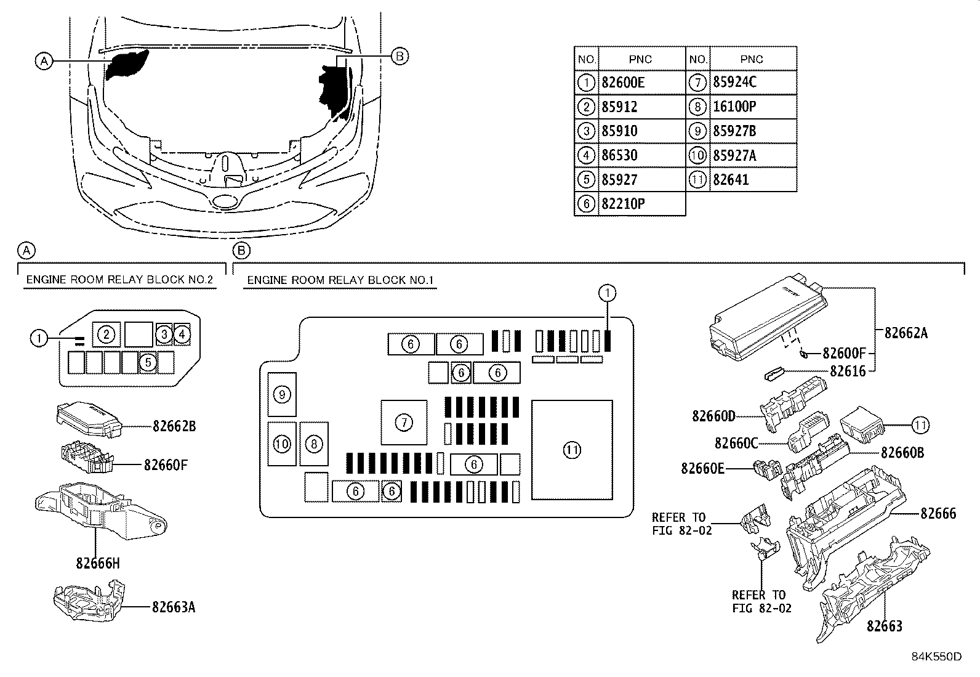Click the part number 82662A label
(x=906, y=333)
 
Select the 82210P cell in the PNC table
(x=622, y=204)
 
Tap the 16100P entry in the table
(x=734, y=107)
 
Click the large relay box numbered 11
(x=572, y=450)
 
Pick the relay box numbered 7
(x=404, y=423)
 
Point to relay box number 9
(x=282, y=394)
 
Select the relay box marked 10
(x=282, y=444)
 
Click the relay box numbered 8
(x=313, y=444)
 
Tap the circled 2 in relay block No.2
(x=106, y=334)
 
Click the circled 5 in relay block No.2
(x=147, y=362)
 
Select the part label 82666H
(x=98, y=563)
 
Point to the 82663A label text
(x=174, y=607)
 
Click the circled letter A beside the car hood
(x=43, y=61)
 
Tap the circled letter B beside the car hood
(x=399, y=56)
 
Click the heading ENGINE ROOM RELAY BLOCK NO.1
(x=340, y=280)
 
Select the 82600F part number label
(x=844, y=354)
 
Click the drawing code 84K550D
(x=936, y=657)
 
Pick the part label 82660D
(x=713, y=416)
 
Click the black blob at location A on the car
(x=127, y=64)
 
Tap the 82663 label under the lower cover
(x=884, y=626)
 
